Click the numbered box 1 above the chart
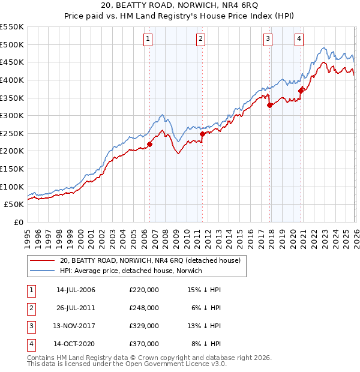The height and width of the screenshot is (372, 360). click(x=148, y=40)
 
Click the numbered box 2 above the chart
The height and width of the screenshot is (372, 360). click(x=200, y=40)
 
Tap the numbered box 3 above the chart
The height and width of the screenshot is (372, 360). click(x=268, y=40)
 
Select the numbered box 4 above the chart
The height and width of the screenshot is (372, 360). click(x=299, y=40)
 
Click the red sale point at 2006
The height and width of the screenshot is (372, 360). click(x=149, y=144)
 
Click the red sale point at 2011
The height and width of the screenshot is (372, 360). click(x=203, y=134)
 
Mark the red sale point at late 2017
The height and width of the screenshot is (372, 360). click(x=269, y=105)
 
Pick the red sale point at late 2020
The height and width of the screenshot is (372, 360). click(x=301, y=91)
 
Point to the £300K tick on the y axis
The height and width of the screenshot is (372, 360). click(x=13, y=115)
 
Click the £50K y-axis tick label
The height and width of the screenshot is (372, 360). click(x=14, y=205)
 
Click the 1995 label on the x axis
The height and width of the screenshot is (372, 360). click(x=27, y=235)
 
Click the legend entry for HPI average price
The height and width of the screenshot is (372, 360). click(x=130, y=271)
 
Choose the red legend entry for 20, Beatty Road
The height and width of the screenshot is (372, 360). click(x=150, y=260)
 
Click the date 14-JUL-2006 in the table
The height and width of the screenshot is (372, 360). click(x=76, y=290)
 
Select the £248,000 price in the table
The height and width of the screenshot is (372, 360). click(x=144, y=308)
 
